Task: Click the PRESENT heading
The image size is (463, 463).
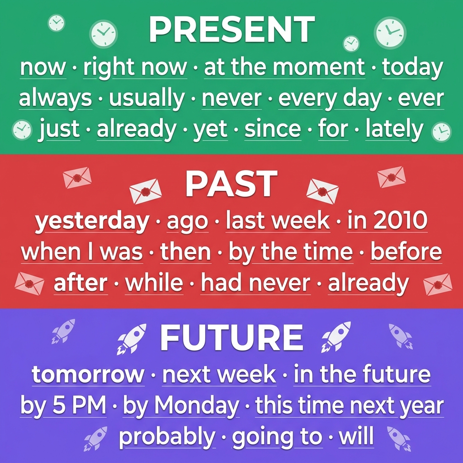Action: pos(232,30)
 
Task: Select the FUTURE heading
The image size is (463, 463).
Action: pos(231,337)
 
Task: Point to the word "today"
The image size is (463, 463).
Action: pos(412,68)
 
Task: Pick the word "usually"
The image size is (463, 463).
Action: pos(147,98)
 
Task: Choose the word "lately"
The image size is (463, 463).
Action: pos(394,129)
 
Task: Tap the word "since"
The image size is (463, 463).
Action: pos(273,129)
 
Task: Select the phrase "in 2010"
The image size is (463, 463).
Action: pos(387,220)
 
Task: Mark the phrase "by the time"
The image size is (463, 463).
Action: pos(291,252)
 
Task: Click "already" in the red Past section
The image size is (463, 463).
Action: pos(369,283)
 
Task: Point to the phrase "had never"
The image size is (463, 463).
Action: pos(256,283)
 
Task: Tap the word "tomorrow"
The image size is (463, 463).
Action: pos(88,374)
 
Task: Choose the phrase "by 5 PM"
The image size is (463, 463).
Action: pos(63,405)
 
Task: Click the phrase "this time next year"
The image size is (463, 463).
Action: pos(350,406)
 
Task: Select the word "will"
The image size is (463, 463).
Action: pos(356,436)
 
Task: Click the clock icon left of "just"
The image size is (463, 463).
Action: pos(22,130)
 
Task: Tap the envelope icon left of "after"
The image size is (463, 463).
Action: pos(29,283)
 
